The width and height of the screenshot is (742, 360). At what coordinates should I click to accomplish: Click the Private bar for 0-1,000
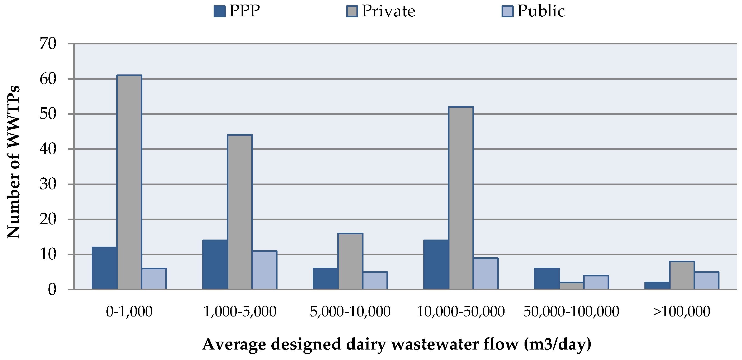[x=129, y=182]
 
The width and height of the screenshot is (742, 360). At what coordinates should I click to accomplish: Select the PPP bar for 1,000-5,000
[x=215, y=265]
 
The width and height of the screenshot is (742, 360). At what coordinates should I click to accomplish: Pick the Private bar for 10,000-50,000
[x=461, y=198]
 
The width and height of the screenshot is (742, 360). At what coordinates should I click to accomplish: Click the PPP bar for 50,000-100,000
[x=547, y=279]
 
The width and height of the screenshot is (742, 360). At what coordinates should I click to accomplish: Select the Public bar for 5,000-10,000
[x=375, y=281]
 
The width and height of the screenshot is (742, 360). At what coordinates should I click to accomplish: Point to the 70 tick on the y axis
[x=48, y=44]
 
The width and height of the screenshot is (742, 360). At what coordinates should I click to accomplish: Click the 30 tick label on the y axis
[x=48, y=184]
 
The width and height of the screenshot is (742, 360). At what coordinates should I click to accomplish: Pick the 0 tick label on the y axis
[x=52, y=290]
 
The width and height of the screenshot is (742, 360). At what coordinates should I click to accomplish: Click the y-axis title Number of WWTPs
[x=14, y=162]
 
